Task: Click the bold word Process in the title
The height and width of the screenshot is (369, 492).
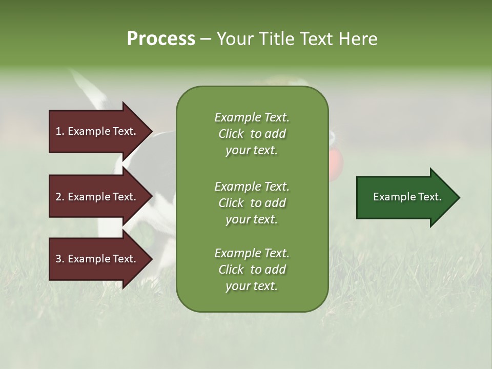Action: point(161,39)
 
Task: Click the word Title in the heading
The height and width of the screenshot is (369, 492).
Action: point(275,39)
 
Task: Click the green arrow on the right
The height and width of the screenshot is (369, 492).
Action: point(405,197)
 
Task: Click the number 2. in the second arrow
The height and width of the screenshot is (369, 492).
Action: point(60,197)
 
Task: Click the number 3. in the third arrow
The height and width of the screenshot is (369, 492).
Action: point(60,259)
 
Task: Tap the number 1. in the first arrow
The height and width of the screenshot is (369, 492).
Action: point(60,131)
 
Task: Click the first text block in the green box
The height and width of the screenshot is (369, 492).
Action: point(252,134)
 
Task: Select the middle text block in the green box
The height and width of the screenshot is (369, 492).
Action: point(252,203)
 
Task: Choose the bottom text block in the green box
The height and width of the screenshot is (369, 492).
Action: point(252,270)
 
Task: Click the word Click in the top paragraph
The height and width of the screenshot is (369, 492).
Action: point(231,134)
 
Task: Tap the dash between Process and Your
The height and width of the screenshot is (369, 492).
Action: point(206,39)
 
